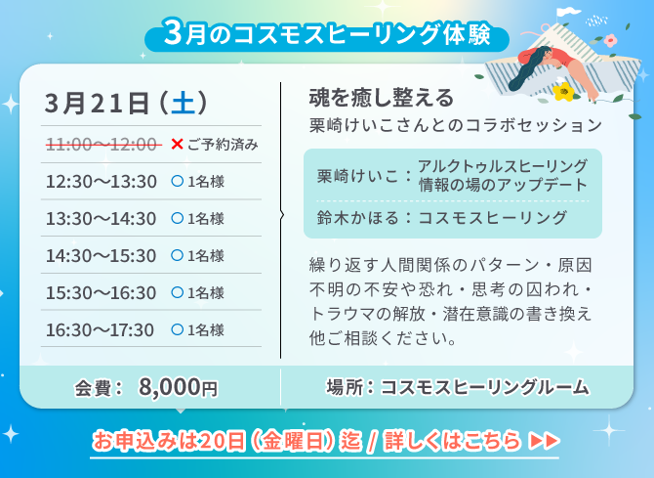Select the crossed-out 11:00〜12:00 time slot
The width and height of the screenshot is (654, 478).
click(x=102, y=145)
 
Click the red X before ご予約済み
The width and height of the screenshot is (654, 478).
click(x=177, y=145)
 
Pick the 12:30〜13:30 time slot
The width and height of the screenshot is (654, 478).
click(x=101, y=181)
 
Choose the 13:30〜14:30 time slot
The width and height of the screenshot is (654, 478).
click(x=101, y=218)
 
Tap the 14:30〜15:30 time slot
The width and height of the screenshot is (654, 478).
click(x=101, y=255)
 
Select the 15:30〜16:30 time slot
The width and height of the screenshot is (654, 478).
click(x=101, y=292)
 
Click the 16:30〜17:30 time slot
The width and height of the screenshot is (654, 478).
click(x=101, y=329)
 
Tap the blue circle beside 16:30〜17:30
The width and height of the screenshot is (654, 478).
click(x=177, y=329)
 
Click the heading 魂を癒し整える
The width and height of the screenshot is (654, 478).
click(x=381, y=98)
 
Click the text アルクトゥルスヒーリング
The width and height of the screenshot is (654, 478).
click(x=502, y=165)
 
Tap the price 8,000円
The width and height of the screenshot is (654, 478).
click(x=178, y=387)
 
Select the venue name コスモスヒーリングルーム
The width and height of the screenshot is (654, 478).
click(x=485, y=387)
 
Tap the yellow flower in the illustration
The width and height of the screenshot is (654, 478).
click(x=562, y=92)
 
